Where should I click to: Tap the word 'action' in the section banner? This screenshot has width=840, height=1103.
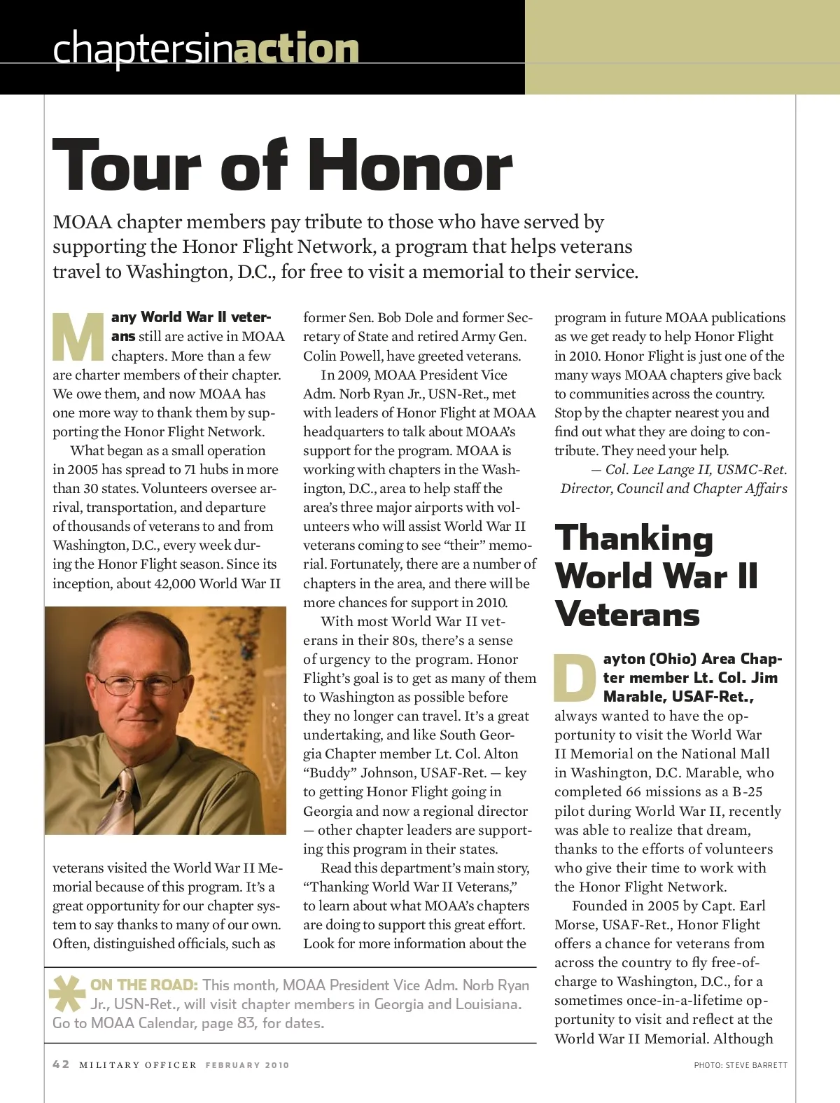[x=296, y=48]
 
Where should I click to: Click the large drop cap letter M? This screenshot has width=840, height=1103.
[x=78, y=337]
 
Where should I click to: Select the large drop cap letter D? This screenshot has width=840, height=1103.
[x=575, y=678]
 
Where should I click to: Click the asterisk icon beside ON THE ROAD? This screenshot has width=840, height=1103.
[x=67, y=993]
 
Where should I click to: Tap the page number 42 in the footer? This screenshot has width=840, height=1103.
[x=62, y=1064]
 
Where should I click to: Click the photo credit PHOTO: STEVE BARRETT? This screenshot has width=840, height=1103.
[x=740, y=1065]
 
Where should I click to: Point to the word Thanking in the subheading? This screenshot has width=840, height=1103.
[x=633, y=539]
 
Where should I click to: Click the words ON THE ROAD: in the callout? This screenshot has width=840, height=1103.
[x=144, y=985]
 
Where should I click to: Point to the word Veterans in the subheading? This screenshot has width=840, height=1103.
[x=627, y=615]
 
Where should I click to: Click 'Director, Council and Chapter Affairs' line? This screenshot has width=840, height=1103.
[x=673, y=489]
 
